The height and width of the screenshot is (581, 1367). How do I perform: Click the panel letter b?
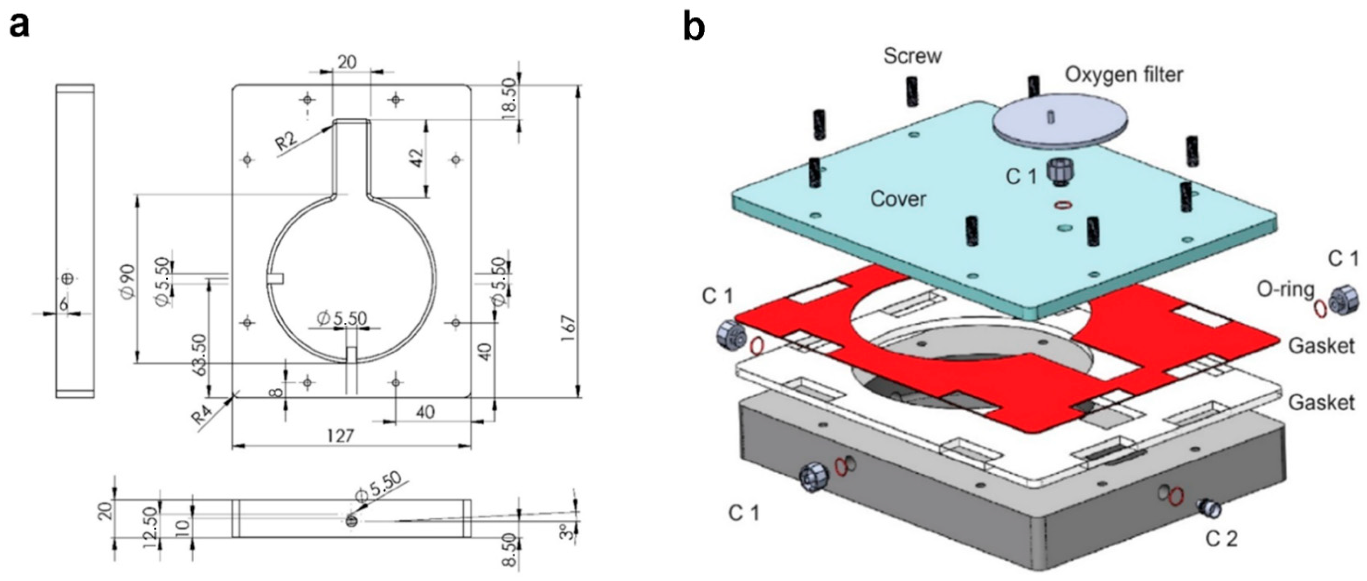694,27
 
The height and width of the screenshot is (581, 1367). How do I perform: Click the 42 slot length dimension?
417,158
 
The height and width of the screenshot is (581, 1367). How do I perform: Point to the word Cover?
898,199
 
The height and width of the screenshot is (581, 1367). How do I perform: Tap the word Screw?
912,56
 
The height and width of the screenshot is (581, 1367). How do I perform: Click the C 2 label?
1221,539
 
